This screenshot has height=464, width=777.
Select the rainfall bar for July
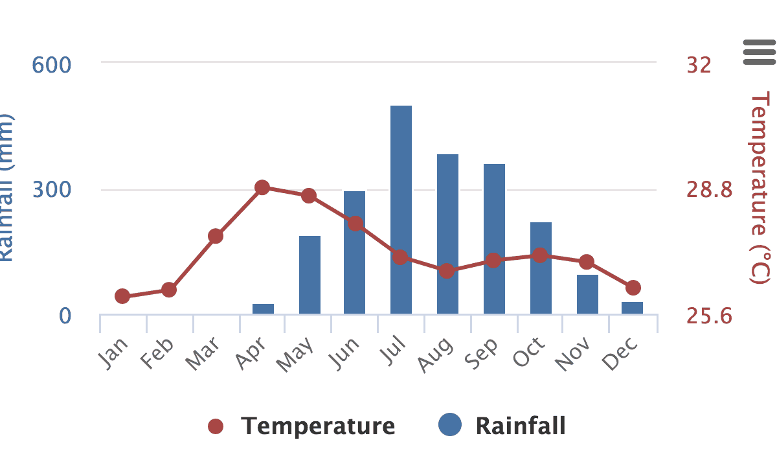(x=401, y=210)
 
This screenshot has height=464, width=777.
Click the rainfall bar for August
(x=447, y=234)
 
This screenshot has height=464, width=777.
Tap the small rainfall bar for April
(x=263, y=308)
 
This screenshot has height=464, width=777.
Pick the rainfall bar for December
(x=633, y=308)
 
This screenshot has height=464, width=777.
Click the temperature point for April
(x=262, y=188)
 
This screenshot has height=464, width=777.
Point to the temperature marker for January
(x=122, y=296)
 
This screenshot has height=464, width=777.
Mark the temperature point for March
(x=216, y=236)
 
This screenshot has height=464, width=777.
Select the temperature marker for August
(x=446, y=271)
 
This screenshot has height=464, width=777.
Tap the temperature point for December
(x=633, y=287)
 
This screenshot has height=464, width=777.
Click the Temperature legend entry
(x=302, y=426)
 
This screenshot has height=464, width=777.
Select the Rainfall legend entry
(x=502, y=426)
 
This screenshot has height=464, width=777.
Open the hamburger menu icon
(x=759, y=52)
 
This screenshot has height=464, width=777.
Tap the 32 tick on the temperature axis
(x=699, y=65)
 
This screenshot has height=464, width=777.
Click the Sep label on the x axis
(x=485, y=354)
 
